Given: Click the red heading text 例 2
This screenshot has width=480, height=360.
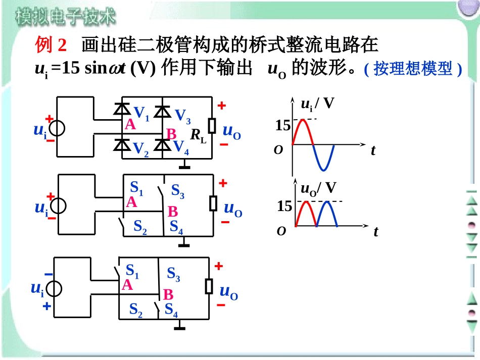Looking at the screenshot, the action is (51, 45).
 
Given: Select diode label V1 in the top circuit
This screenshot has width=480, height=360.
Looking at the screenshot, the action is (141, 113).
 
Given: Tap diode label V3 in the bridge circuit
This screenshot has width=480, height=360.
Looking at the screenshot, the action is (182, 116).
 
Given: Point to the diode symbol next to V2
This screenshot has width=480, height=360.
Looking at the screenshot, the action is (121, 145).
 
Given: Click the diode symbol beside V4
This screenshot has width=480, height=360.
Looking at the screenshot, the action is (162, 144).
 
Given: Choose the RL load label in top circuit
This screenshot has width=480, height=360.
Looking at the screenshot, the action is (198, 135).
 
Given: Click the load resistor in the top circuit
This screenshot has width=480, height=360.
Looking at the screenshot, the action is (213, 125).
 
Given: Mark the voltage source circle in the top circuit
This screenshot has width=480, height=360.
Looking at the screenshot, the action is (57, 129).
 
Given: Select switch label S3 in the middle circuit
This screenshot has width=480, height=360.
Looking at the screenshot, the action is (178, 191).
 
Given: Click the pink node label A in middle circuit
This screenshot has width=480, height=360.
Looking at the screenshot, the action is (132, 202).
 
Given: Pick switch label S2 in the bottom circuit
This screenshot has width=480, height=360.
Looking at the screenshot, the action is (136, 309).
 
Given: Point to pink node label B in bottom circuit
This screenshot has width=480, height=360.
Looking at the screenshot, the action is (168, 294).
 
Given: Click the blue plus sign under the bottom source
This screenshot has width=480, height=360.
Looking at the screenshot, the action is (47, 305).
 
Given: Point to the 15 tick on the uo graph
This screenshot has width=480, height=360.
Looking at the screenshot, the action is (284, 206).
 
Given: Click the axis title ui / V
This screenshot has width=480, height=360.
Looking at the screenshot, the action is (317, 104).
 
